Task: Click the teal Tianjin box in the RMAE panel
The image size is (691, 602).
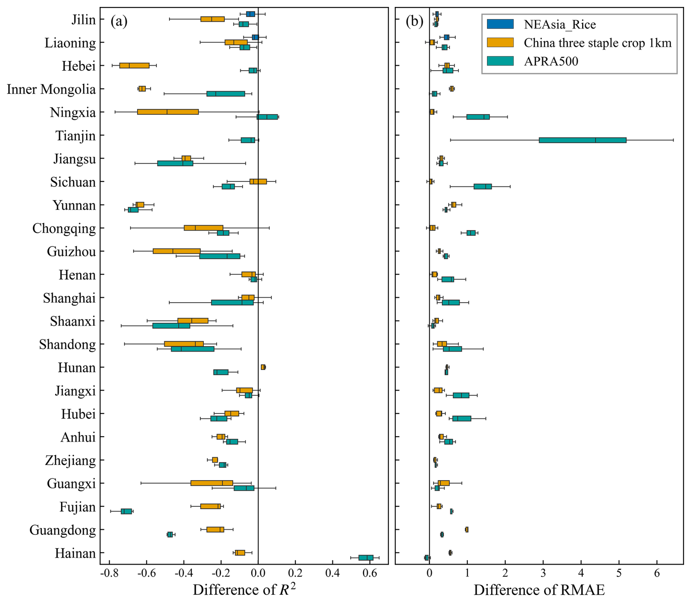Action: [x=582, y=140]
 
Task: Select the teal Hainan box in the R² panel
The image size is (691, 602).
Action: [x=366, y=557]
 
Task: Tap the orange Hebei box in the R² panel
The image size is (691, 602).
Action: [x=134, y=65]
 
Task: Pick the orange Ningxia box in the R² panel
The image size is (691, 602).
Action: [x=168, y=112]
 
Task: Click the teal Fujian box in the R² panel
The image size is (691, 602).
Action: [x=126, y=511]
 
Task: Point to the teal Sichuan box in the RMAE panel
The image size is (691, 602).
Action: [x=482, y=186]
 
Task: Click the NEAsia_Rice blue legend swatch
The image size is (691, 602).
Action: [x=500, y=24]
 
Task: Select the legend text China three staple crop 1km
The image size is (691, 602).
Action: [x=597, y=43]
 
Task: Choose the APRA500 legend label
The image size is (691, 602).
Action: [x=551, y=61]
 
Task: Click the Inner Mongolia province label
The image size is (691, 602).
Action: [x=51, y=89]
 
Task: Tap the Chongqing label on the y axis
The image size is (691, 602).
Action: [x=64, y=228]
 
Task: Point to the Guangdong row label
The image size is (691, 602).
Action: [x=62, y=530]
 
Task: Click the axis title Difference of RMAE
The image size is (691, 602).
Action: [x=539, y=590]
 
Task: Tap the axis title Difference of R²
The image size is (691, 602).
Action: [x=244, y=589]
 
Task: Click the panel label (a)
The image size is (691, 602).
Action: [x=119, y=22]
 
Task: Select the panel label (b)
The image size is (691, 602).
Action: [x=414, y=22]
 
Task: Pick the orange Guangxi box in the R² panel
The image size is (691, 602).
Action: [x=211, y=483]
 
